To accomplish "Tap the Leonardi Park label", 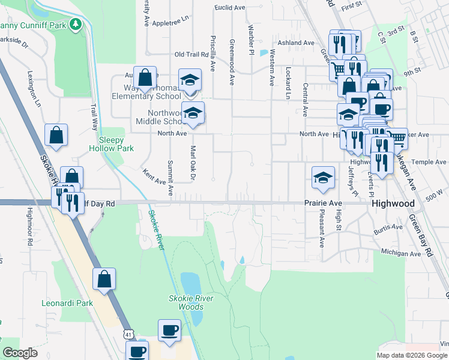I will point(67,303).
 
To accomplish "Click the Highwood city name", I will point(393,204).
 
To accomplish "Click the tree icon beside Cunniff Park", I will point(76,24).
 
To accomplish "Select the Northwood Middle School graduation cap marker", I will point(193,113).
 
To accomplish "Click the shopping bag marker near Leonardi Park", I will point(104,279).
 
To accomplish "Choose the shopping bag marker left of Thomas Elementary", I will point(145,77).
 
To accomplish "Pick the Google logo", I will point(20,353).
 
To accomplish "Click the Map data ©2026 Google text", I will point(412,355).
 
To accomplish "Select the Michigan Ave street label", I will point(401,254).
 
